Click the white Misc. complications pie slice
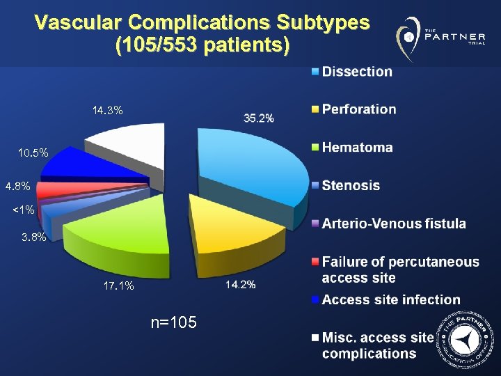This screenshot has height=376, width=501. [129, 143]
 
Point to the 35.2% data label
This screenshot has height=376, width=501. [259, 118]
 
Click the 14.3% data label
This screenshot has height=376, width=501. [108, 110]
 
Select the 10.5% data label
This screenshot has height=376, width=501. [33, 152]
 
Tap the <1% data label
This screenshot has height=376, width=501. [23, 210]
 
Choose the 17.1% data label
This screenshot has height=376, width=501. [118, 285]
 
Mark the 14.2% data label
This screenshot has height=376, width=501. [240, 284]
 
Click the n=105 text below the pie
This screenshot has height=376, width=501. [173, 322]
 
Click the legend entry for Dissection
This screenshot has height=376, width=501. [356, 71]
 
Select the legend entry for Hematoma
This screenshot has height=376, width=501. [357, 148]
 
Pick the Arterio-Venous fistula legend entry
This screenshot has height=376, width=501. [393, 224]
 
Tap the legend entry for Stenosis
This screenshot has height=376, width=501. [351, 185]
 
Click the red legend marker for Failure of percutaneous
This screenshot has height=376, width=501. [315, 263]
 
